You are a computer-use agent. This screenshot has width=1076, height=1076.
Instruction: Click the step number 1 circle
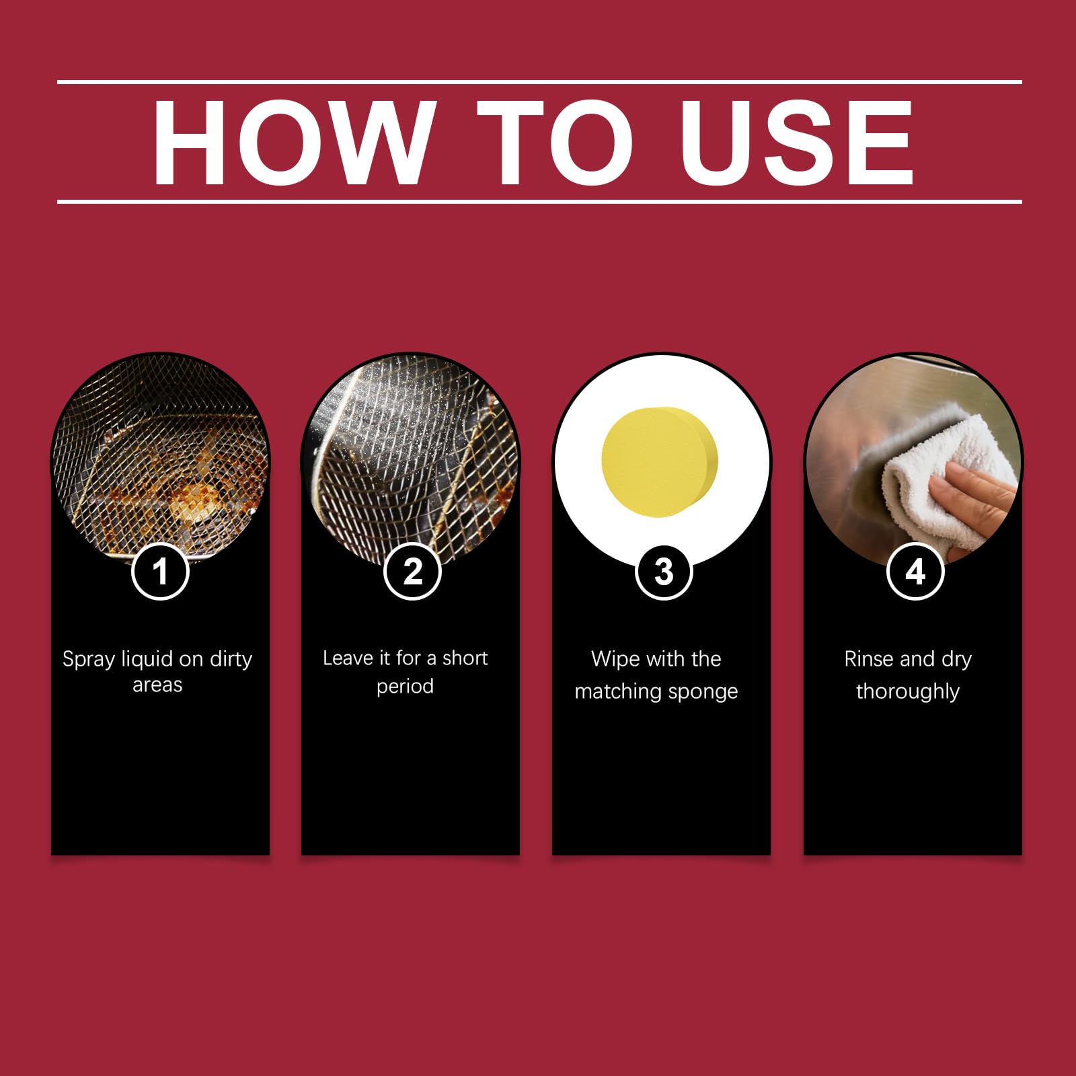[x=160, y=572]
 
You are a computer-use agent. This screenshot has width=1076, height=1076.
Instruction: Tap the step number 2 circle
[x=412, y=572]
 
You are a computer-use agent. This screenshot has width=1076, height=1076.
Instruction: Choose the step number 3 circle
[x=664, y=572]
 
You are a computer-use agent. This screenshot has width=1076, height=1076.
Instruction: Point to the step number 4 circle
[x=915, y=572]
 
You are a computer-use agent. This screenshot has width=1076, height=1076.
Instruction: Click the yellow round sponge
[x=660, y=462]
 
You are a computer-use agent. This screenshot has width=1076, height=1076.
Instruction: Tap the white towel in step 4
[x=941, y=477]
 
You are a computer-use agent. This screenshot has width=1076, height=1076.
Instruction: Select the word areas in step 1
[x=157, y=685]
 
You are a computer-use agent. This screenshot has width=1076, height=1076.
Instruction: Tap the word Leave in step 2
[x=348, y=658]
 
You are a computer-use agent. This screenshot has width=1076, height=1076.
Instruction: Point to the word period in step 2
[x=405, y=687]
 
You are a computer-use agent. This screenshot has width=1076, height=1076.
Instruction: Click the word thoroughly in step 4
[x=908, y=692]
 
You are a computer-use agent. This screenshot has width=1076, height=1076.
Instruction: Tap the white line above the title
[x=539, y=82]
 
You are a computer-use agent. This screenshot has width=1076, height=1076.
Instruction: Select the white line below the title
[x=539, y=201]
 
